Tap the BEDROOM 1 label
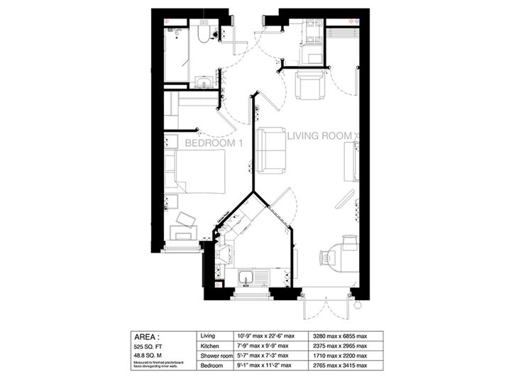(214, 143)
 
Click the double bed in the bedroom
(197, 171)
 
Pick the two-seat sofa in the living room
(272, 150)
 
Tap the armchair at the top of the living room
(310, 87)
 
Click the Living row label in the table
(209, 335)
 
